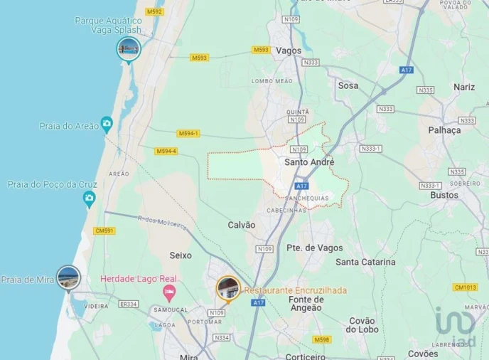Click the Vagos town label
pyautogui.click(x=288, y=51)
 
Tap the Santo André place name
pyautogui.click(x=308, y=162)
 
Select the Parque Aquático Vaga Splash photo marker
pyautogui.click(x=129, y=48)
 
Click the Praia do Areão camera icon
pyautogui.click(x=107, y=123)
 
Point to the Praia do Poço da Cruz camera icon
pyautogui.click(x=89, y=201)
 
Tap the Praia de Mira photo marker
pyautogui.click(x=69, y=275)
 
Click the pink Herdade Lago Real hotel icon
pyautogui.click(x=168, y=292)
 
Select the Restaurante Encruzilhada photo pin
pyautogui.click(x=227, y=288)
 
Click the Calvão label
pyautogui.click(x=241, y=225)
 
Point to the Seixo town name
pyautogui.click(x=181, y=255)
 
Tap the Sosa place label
pyautogui.click(x=348, y=85)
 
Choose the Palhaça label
pyautogui.click(x=445, y=130)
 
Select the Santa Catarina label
pyautogui.click(x=365, y=262)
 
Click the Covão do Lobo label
pyautogui.click(x=365, y=323)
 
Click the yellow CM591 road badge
pyautogui.click(x=104, y=231)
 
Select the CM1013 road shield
pyautogui.click(x=464, y=287)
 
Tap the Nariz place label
pyautogui.click(x=463, y=87)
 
